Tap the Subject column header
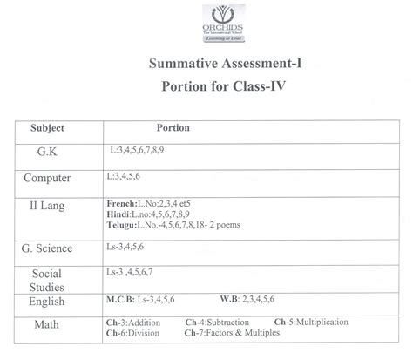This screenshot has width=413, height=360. click(x=48, y=127)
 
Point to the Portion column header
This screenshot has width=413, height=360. click(x=173, y=127)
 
